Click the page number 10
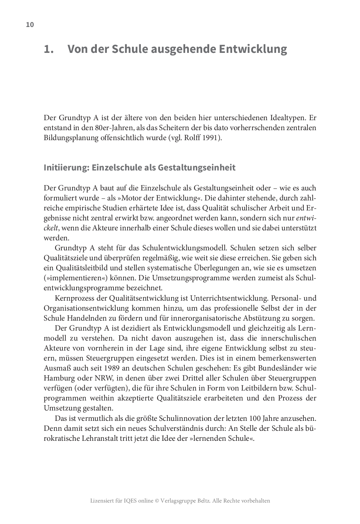pos(30,25)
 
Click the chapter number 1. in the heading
pos(49,49)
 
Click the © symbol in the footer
pos(157,501)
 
